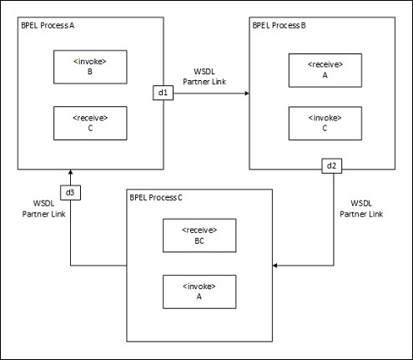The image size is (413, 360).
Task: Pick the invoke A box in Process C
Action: [x=199, y=292]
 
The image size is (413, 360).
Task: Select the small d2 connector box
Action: [x=331, y=165]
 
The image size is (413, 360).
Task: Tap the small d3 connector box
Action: [x=70, y=193]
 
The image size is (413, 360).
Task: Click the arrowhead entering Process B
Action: [x=246, y=94]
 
